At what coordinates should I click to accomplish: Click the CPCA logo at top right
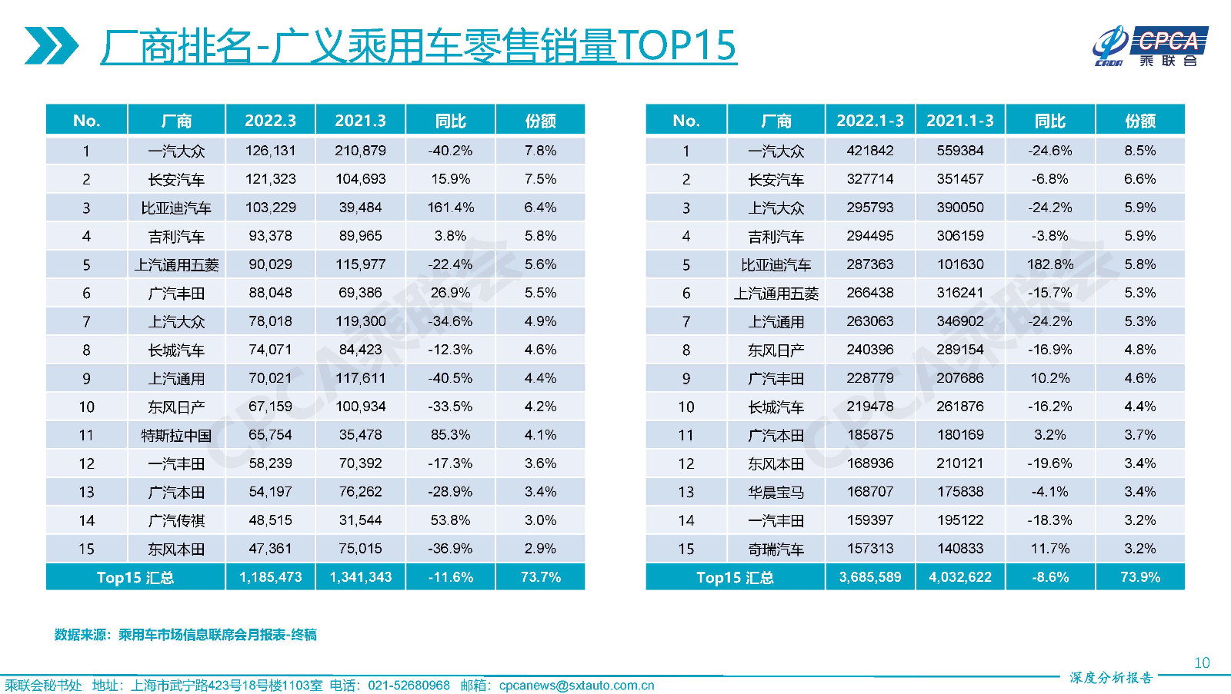click(x=1149, y=46)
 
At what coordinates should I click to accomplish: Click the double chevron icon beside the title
click(x=51, y=45)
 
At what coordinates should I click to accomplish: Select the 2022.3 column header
click(x=270, y=121)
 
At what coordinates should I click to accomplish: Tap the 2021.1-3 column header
click(x=959, y=121)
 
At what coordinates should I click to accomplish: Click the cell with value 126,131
click(x=270, y=151)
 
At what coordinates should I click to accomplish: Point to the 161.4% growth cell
click(x=450, y=208)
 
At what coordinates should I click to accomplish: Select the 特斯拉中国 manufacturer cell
click(x=176, y=435)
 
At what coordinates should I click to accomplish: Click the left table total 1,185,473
click(x=270, y=577)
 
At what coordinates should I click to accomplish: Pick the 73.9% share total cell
click(x=1139, y=577)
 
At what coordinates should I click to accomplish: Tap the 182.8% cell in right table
click(x=1049, y=264)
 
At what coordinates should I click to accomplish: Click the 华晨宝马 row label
click(x=776, y=492)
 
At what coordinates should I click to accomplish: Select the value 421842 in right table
click(x=869, y=151)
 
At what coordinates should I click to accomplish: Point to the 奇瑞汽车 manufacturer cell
click(x=776, y=549)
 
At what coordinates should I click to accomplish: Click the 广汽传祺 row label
click(x=176, y=520)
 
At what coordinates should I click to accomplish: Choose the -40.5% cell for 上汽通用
click(x=450, y=378)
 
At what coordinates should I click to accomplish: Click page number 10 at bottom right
click(x=1202, y=662)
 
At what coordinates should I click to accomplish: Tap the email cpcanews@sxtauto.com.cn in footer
click(x=576, y=686)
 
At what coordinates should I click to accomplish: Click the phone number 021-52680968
click(x=409, y=686)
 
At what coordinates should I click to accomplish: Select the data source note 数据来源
click(x=185, y=635)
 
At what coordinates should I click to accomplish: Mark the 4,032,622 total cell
click(x=959, y=577)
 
